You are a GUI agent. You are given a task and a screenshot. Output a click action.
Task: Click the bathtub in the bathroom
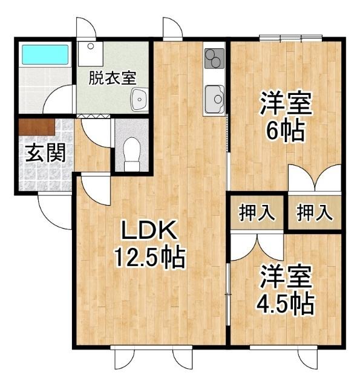39,55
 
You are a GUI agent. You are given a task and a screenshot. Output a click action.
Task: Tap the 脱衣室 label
112,78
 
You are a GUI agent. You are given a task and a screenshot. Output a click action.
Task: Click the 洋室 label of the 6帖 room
286,103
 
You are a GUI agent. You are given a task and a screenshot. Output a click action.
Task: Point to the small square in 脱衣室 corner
90,46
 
